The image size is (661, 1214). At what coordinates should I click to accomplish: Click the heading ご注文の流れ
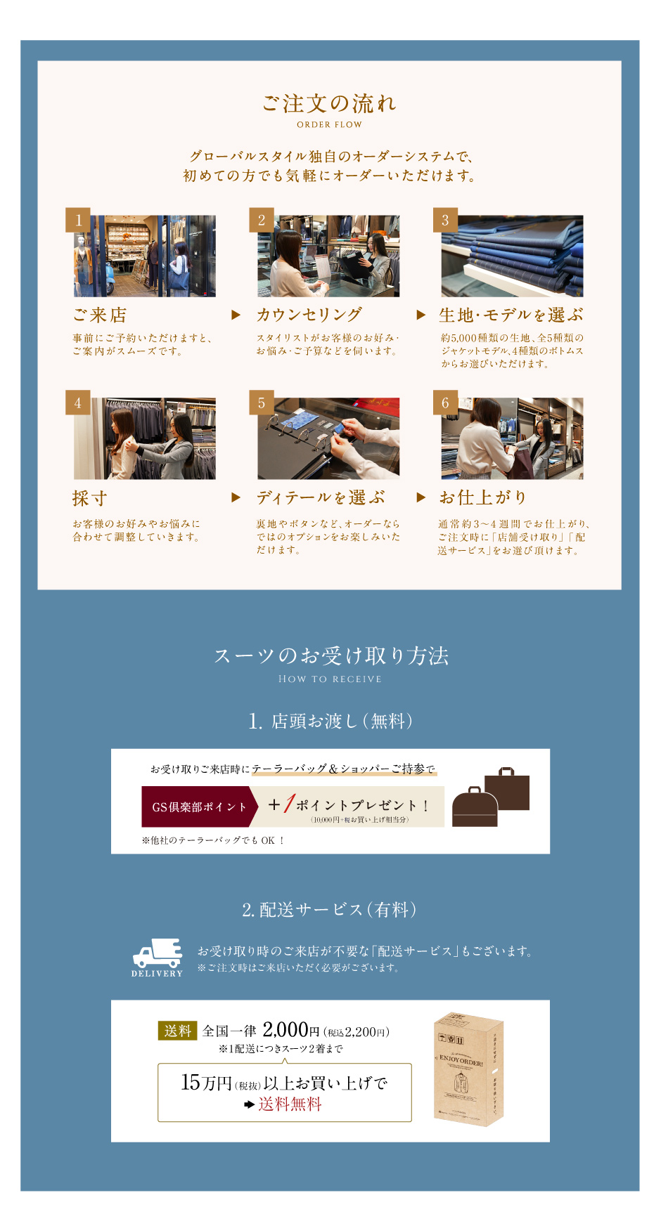329,104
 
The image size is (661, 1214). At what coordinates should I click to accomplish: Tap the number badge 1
78,220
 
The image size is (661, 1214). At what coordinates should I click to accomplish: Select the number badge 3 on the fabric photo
445,220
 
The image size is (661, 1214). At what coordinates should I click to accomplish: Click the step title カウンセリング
309,315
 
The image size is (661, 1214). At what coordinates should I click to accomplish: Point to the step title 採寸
90,498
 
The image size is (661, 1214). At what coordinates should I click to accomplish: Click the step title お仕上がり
483,497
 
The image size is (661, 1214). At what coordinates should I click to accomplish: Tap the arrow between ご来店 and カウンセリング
236,315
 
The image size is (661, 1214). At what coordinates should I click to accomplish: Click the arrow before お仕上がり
421,497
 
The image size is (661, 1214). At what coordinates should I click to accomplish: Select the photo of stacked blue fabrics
512,256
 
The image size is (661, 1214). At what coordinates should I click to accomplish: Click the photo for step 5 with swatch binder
328,438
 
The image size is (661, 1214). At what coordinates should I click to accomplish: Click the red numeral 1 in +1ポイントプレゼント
288,804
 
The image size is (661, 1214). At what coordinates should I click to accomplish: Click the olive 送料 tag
178,1031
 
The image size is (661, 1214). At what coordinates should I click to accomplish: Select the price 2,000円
291,1030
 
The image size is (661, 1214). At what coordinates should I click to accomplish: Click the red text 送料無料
290,1104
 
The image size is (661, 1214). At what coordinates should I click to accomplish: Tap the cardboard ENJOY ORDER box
468,1069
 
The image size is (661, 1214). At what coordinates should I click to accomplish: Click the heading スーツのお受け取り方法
330,655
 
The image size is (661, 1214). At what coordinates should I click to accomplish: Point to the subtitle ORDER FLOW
329,124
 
